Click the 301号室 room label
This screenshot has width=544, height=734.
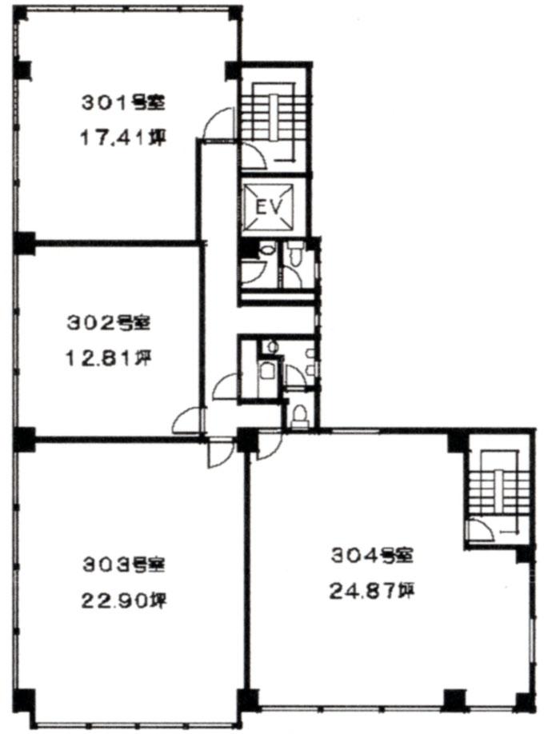tap(123, 102)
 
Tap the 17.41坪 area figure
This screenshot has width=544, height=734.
tap(123, 138)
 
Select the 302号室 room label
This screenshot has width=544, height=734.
tap(109, 322)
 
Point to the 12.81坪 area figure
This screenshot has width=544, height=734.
tap(108, 358)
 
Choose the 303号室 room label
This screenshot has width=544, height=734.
tap(124, 564)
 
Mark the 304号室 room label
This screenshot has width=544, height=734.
tap(373, 555)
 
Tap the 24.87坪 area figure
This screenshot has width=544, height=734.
tap(372, 591)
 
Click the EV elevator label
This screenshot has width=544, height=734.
tap(270, 207)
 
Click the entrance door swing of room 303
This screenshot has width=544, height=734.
tap(220, 453)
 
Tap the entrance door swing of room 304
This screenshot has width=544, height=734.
tap(270, 445)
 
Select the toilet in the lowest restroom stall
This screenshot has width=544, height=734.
tap(299, 416)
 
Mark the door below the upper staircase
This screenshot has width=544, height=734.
tap(254, 156)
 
